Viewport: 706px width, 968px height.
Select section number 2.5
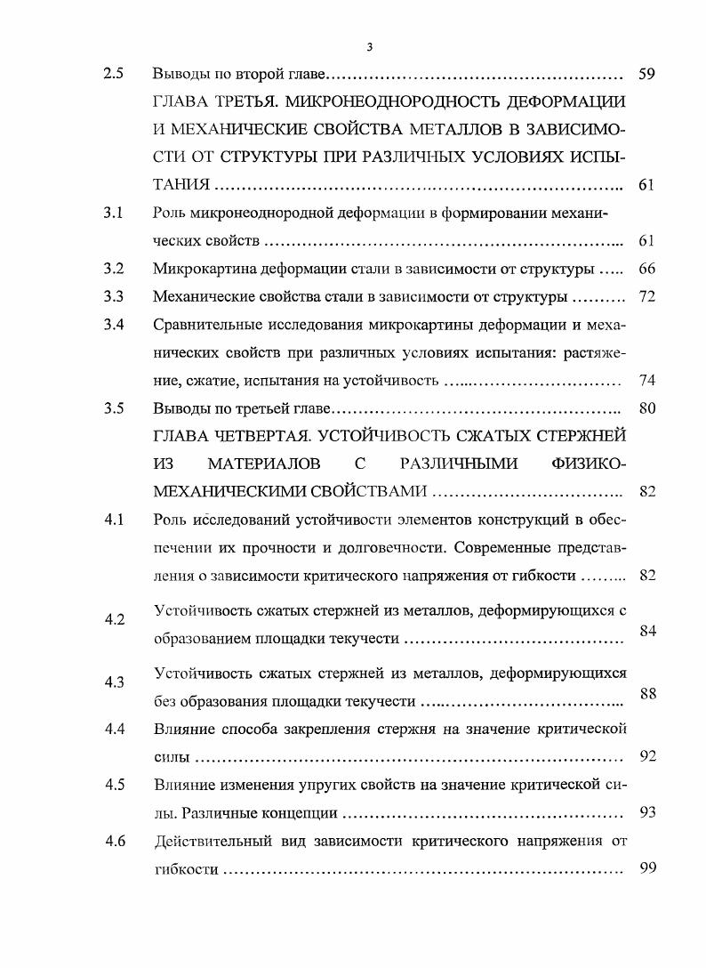(114, 74)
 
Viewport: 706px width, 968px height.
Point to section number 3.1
(114, 214)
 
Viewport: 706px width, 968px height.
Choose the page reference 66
(647, 270)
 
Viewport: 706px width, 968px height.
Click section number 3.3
(114, 296)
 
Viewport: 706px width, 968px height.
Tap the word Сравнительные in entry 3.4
(205, 325)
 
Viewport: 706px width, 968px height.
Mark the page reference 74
(647, 381)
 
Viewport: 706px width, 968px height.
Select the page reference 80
(647, 408)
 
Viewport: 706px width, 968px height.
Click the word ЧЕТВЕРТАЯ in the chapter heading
(266, 436)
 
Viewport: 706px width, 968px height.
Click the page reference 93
(647, 813)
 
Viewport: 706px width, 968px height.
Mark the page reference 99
(647, 868)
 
